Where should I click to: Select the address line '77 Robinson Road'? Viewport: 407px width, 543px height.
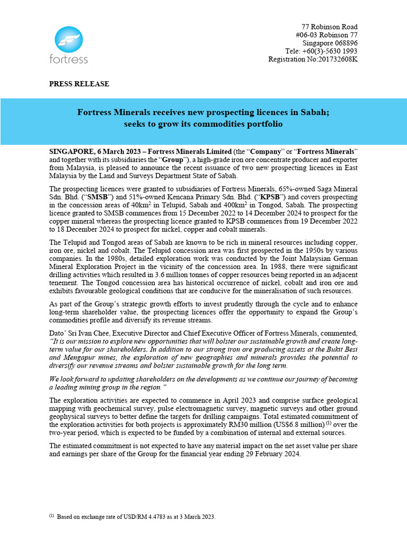click(329, 27)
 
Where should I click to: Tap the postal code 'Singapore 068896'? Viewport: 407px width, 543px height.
click(330, 43)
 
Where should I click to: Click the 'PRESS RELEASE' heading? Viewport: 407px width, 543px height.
click(79, 84)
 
